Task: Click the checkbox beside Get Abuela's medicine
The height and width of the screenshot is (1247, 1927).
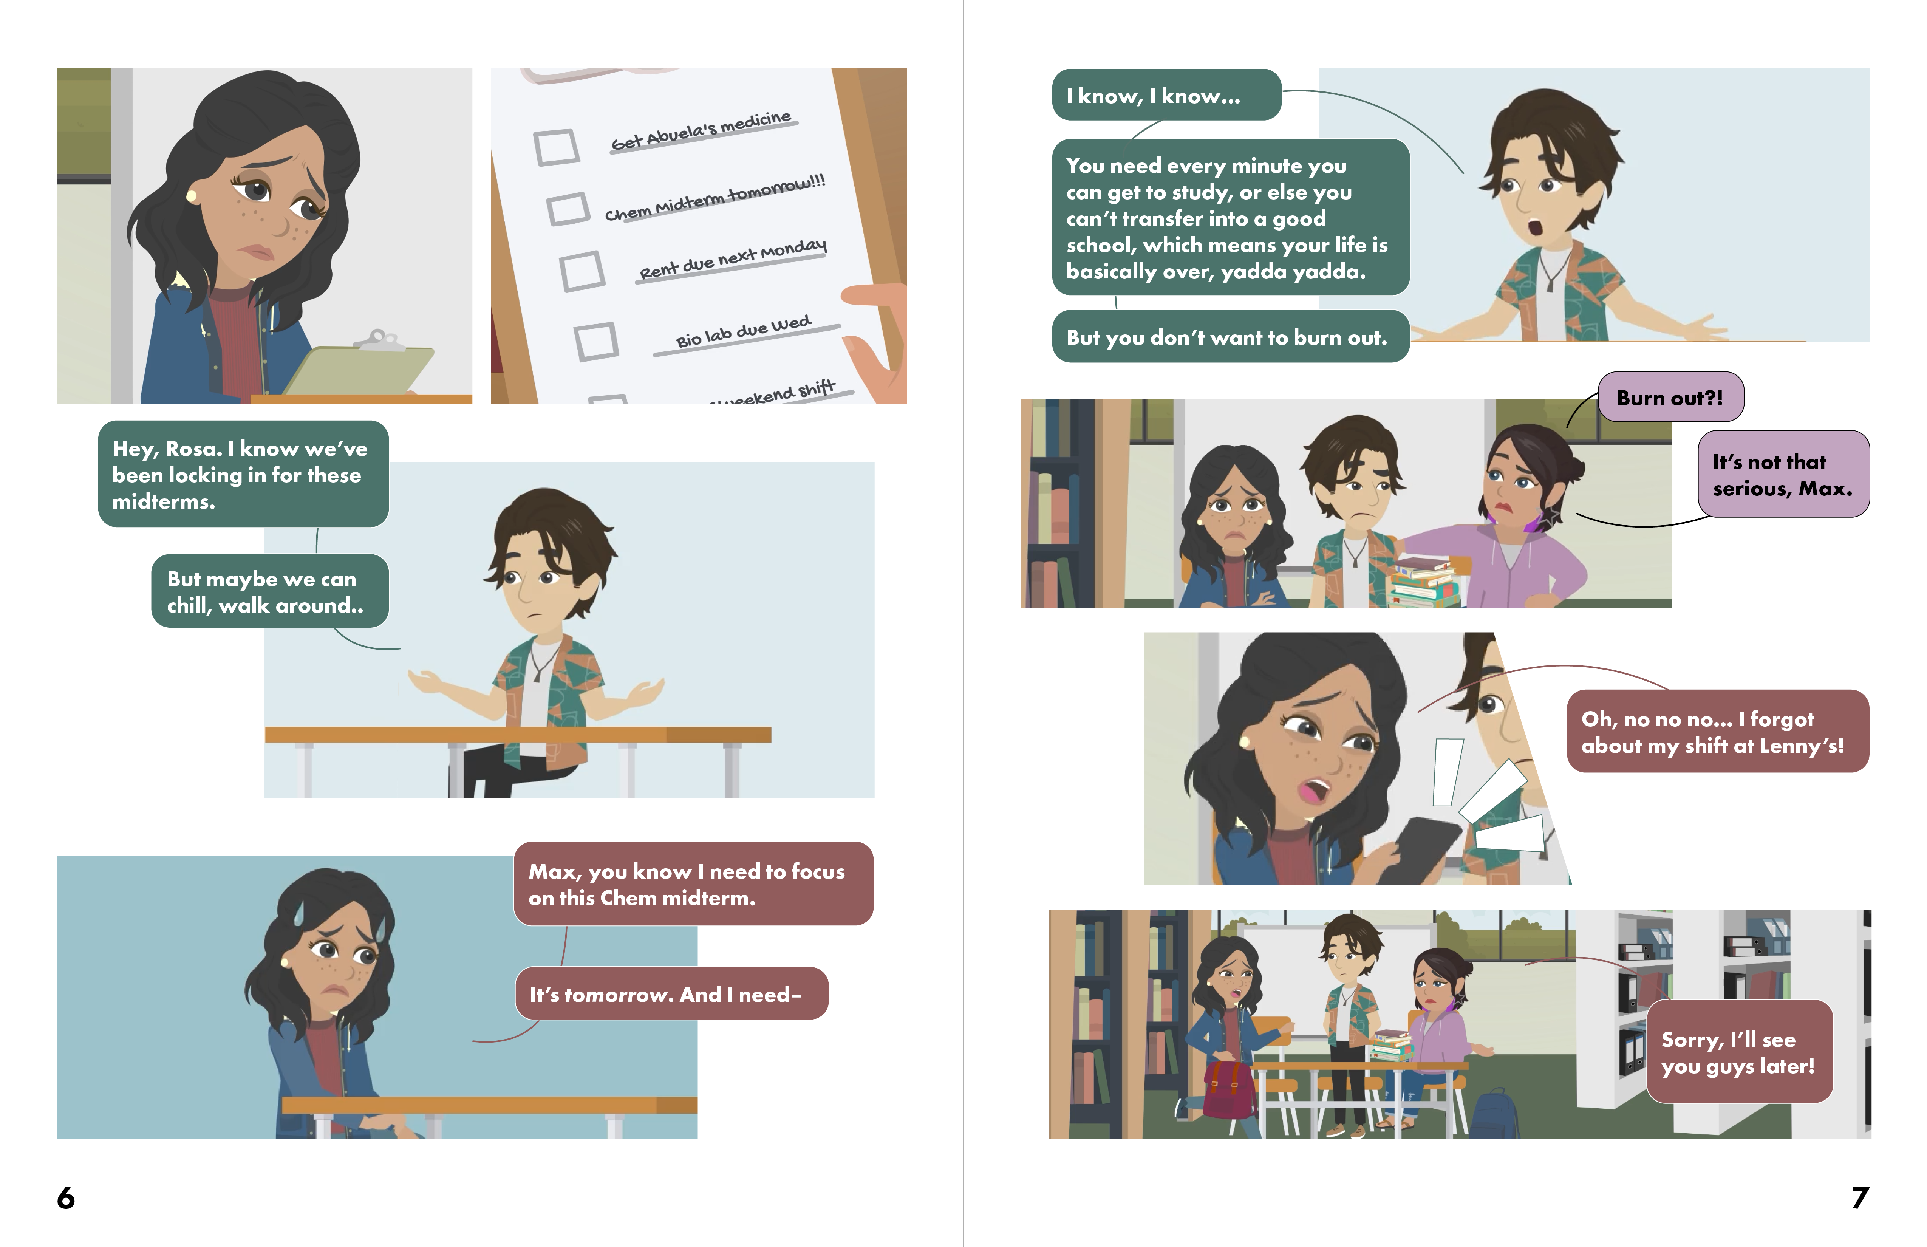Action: [556, 147]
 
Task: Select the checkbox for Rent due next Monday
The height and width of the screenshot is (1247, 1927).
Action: [582, 271]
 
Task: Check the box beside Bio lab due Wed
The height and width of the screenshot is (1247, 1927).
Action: [597, 341]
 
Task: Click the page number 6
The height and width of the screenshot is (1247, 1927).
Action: [66, 1197]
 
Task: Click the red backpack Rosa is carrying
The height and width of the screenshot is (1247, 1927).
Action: [1229, 1089]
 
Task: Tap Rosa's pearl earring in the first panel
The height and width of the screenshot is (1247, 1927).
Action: [192, 196]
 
